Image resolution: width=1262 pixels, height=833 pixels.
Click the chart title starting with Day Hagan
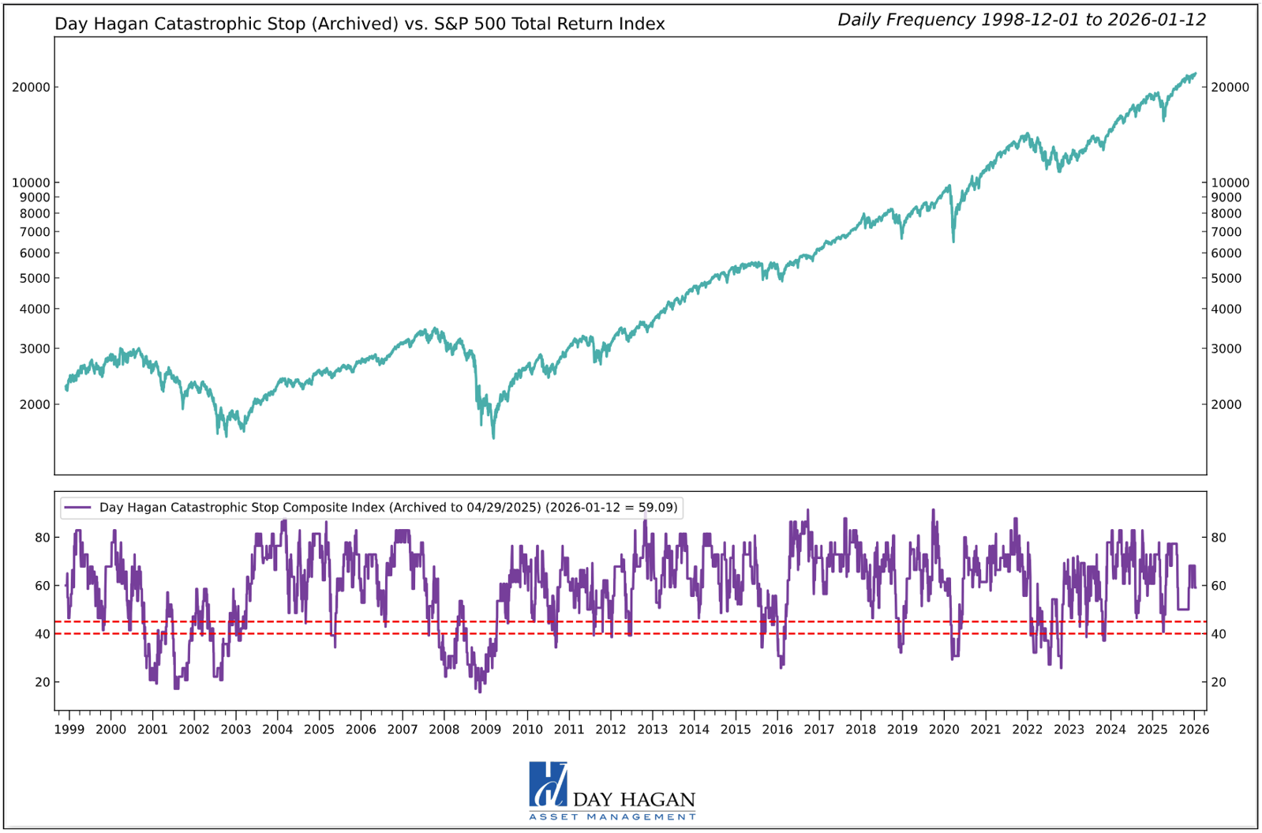click(x=359, y=24)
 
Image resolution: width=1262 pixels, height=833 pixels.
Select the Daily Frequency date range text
click(x=1021, y=20)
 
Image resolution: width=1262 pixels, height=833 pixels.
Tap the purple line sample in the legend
click(x=78, y=508)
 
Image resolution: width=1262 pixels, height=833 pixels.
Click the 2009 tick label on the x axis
click(x=485, y=729)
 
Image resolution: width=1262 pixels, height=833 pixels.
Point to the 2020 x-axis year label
click(x=944, y=729)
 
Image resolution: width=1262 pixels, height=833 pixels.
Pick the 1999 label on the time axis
click(x=69, y=729)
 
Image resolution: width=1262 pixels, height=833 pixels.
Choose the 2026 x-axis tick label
click(x=1193, y=729)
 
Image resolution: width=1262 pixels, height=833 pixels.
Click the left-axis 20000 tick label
click(x=31, y=88)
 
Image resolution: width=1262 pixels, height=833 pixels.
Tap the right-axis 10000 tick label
click(x=1230, y=182)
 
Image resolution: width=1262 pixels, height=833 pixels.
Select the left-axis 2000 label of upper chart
click(x=34, y=404)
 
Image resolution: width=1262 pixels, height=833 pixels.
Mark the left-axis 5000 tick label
click(x=34, y=278)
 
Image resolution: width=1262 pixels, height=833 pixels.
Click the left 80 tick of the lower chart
click(x=42, y=538)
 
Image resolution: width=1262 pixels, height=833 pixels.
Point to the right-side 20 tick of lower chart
click(x=1219, y=682)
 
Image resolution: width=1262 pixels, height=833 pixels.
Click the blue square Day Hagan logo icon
click(x=548, y=784)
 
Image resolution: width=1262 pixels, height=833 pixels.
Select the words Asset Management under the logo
click(x=612, y=816)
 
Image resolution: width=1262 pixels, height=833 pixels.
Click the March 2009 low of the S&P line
click(x=494, y=437)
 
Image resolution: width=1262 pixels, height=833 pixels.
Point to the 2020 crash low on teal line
click(x=953, y=240)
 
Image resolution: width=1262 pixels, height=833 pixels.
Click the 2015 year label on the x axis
click(x=736, y=729)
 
